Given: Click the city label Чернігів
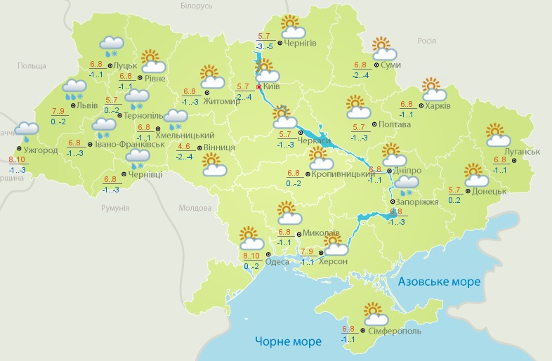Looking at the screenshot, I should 301,43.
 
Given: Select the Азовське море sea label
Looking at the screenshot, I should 439,282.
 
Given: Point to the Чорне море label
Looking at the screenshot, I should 288,341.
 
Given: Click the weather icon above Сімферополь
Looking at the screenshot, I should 373,312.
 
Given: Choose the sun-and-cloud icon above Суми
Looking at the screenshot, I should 383,48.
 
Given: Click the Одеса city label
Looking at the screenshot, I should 278,261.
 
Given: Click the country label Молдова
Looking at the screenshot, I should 195,209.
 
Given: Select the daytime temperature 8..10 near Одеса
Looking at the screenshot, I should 250,256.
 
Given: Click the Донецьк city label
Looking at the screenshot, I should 489,191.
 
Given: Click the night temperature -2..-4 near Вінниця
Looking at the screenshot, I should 185,156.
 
